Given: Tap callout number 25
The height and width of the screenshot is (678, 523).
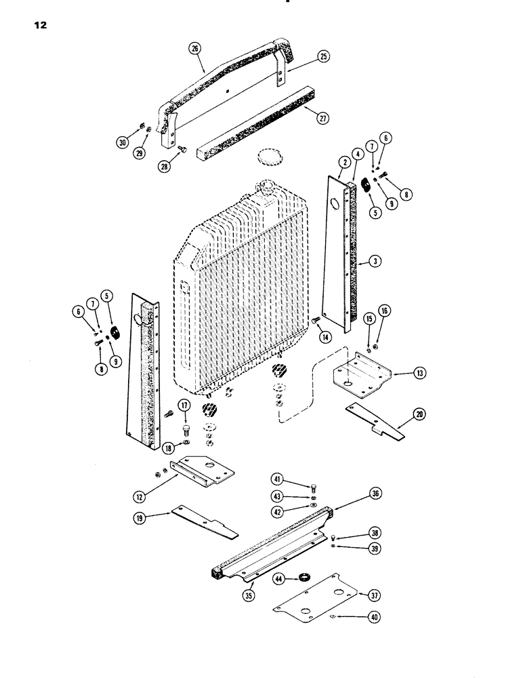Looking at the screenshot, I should pos(323,57).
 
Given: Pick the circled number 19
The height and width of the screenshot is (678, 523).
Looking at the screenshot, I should pos(142,517).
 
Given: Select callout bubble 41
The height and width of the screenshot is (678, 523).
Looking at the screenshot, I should pos(278,482).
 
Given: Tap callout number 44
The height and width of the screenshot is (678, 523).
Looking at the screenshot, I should pos(279,578).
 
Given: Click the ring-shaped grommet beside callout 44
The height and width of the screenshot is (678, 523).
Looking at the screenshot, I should pos(306,578).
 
